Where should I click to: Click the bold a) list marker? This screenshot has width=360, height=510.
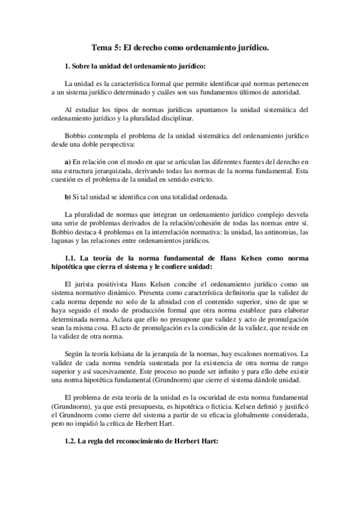(67, 162)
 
